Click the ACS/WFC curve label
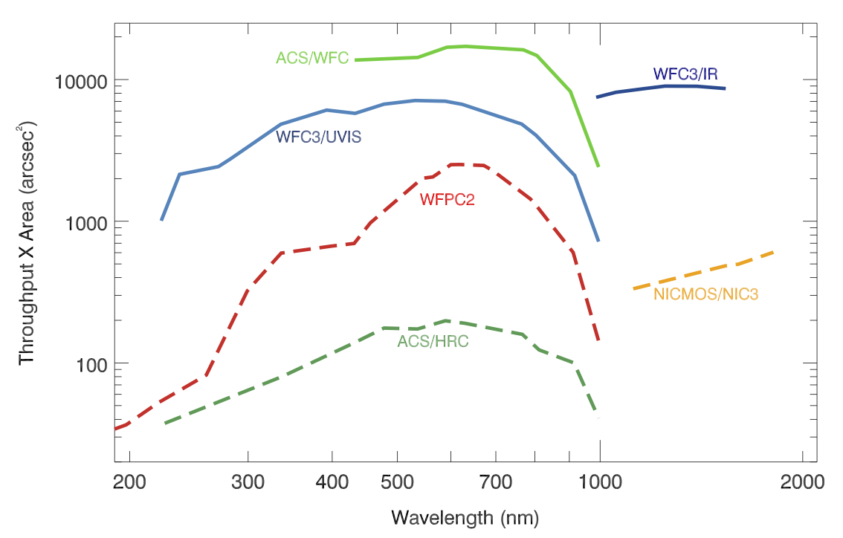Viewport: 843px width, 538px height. [312, 58]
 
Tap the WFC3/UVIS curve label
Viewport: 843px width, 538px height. [318, 137]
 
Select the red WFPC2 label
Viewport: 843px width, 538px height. [447, 200]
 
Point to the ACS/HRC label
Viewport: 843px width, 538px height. [433, 342]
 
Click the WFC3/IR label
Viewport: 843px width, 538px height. [685, 74]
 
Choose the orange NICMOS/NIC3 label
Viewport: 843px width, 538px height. [705, 294]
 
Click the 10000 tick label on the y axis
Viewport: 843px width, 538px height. [82, 80]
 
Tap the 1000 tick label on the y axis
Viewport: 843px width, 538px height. [86, 222]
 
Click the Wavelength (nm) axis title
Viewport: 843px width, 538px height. [465, 517]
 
